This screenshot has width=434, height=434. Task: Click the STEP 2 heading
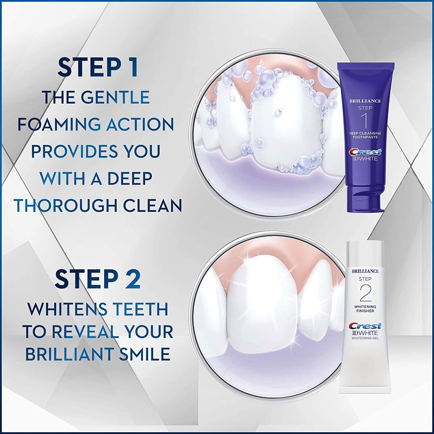pyautogui.click(x=98, y=279)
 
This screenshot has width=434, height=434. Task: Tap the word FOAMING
pyautogui.click(x=57, y=124)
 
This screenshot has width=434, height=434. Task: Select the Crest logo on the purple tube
pyautogui.click(x=365, y=152)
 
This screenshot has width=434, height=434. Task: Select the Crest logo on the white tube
pyautogui.click(x=365, y=326)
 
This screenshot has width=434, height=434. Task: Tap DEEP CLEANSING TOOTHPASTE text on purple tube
pyautogui.click(x=365, y=135)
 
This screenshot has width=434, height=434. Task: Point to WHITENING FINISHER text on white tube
pyautogui.click(x=365, y=309)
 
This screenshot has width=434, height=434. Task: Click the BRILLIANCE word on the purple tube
pyautogui.click(x=365, y=101)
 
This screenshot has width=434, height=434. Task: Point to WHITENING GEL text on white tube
pyautogui.click(x=365, y=338)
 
